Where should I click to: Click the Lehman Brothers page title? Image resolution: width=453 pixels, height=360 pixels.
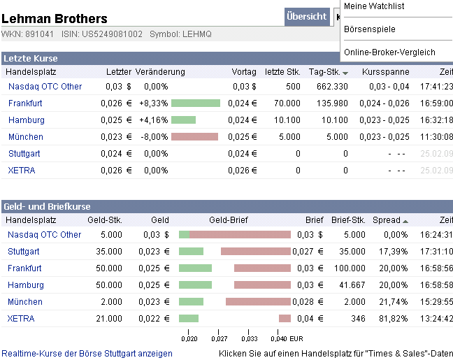coord(55,18)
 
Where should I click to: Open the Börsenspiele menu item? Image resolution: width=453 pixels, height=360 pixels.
coord(370,29)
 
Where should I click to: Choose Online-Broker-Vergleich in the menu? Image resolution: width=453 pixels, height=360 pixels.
coord(389,52)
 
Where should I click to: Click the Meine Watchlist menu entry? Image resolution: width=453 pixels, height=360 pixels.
coord(374,6)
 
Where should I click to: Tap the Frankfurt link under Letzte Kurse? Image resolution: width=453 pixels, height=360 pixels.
coord(25,103)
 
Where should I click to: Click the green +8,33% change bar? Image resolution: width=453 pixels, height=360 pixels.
coord(196,103)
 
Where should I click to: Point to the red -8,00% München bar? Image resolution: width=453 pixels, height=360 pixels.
coord(194,137)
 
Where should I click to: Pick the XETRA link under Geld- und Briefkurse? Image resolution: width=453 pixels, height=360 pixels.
coord(21,319)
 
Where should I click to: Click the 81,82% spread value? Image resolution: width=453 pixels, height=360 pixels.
coord(394,319)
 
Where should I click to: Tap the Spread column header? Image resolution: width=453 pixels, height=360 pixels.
coord(387,220)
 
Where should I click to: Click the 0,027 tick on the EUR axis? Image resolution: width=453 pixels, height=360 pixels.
coord(219,338)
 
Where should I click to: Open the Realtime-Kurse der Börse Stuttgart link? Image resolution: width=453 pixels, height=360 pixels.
coord(87,354)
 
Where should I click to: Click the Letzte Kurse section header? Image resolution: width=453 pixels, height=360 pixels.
coord(31,58)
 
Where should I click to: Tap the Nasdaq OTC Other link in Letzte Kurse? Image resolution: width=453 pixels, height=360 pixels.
coord(45,87)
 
